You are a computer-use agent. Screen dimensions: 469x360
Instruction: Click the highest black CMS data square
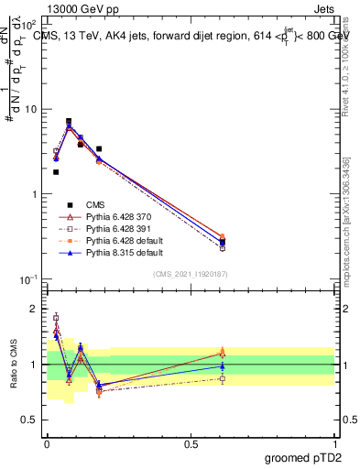tap(69, 121)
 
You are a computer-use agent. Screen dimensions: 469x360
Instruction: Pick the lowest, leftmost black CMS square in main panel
tap(56, 171)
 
